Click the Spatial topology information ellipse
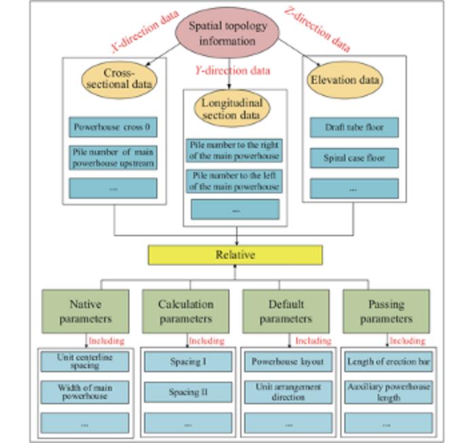point(227,33)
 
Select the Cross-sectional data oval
point(119,79)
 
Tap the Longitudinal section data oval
point(232,109)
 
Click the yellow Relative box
point(235,255)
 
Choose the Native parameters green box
point(85,311)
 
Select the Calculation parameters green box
point(186,311)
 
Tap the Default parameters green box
point(286,311)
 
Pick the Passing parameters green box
point(386,311)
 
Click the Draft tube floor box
point(354,128)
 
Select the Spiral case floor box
point(354,158)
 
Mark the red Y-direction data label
point(232,71)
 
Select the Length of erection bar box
point(388,362)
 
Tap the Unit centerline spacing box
point(84,362)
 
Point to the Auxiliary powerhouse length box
point(388,392)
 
